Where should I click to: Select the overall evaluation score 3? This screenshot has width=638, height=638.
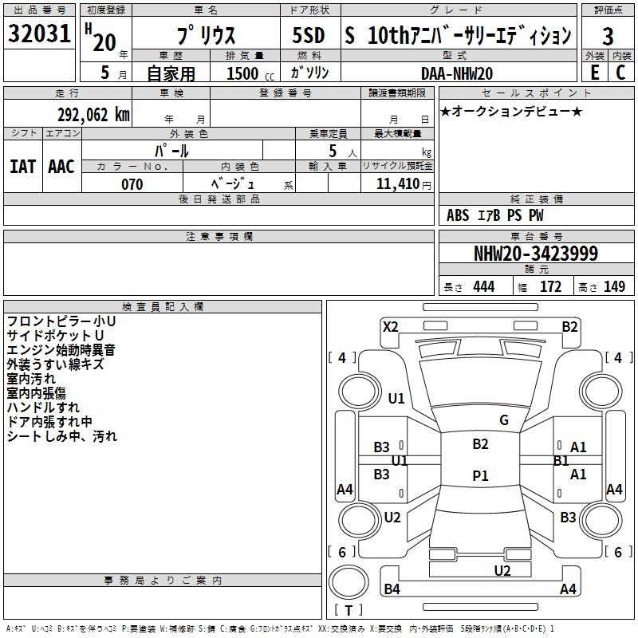[608, 37]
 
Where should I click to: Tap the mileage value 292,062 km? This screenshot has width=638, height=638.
[93, 115]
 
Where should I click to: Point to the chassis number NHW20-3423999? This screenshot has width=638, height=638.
[535, 254]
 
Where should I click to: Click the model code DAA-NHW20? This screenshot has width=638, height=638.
[457, 73]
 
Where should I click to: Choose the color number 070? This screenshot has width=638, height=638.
[132, 184]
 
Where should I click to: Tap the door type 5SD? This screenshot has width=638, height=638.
[309, 36]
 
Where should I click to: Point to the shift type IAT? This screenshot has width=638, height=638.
[22, 167]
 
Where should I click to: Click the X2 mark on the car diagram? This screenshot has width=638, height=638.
[391, 326]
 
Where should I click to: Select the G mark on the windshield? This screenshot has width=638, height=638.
[504, 420]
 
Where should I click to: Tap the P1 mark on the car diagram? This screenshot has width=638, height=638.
[480, 475]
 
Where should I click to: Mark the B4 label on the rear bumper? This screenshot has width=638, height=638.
[392, 589]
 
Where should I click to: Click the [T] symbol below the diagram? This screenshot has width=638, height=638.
[349, 612]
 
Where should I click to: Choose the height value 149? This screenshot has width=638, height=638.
[614, 287]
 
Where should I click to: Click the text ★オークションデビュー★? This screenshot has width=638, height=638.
[511, 111]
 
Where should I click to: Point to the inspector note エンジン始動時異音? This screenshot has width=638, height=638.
[61, 349]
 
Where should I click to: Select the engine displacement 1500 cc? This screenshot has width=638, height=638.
[244, 73]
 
